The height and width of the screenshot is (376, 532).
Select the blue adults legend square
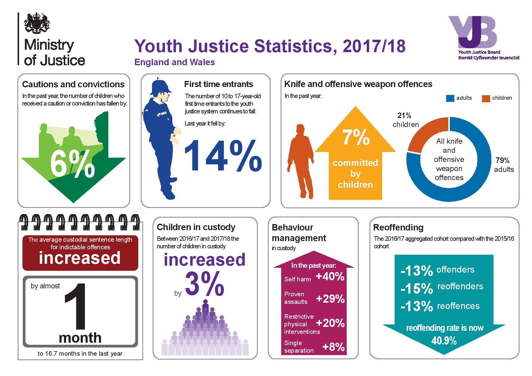pos(450,98)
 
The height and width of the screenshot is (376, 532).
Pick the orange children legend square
pos(486,98)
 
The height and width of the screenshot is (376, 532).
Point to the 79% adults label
pos(504,165)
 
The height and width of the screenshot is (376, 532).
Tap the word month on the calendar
pos(80,337)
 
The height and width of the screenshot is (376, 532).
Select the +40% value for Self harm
pos(330,277)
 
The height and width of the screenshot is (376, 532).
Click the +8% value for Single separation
pos(334,347)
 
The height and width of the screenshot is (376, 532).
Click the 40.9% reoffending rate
pos(444,341)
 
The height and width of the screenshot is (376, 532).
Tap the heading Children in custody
pos(196,227)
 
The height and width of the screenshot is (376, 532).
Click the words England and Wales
pos(175,62)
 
